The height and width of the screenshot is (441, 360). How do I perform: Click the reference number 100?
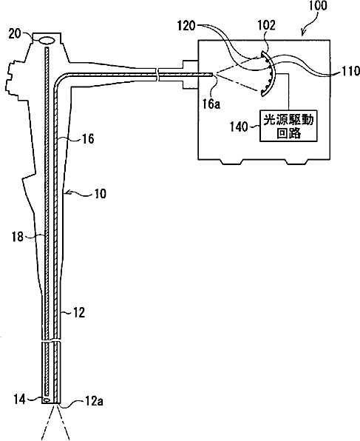point(318,6)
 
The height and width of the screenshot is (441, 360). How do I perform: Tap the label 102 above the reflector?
point(267,25)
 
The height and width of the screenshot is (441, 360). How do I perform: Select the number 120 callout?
point(186,26)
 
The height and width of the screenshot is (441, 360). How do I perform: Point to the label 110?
point(350,71)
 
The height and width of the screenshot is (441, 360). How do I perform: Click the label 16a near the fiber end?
point(211,104)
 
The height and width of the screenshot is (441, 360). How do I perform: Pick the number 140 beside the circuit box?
point(239,127)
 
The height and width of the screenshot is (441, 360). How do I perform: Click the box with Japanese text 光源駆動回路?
point(289,126)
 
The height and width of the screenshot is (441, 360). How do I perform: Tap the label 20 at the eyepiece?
point(14,34)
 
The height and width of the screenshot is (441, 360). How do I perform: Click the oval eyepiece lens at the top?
point(47,41)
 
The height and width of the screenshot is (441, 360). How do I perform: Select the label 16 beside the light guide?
point(88,138)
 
